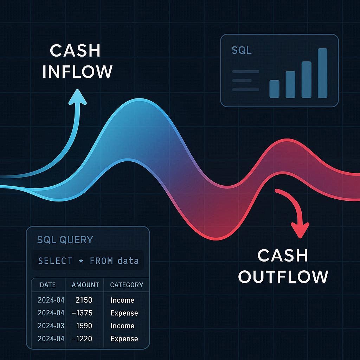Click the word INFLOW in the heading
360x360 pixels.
[x=77, y=71]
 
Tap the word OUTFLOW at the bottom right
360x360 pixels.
[x=283, y=276]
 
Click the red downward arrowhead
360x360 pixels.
[x=300, y=230]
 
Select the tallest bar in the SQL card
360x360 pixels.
[x=322, y=73]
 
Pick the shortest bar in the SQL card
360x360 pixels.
[x=274, y=89]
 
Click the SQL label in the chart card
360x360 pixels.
[x=242, y=50]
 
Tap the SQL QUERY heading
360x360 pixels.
[x=65, y=240]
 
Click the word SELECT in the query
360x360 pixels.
[x=55, y=261]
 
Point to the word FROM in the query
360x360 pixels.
[x=101, y=261]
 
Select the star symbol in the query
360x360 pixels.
[x=81, y=261]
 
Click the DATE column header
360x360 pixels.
[x=48, y=285]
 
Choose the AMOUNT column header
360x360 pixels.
[x=85, y=285]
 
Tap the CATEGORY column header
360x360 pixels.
[x=127, y=285]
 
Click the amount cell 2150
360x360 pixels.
[x=84, y=300]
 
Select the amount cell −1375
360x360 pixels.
[x=82, y=313]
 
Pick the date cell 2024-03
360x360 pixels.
[x=51, y=326]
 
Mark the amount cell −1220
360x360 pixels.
[x=82, y=339]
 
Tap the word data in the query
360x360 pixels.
[x=128, y=261]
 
